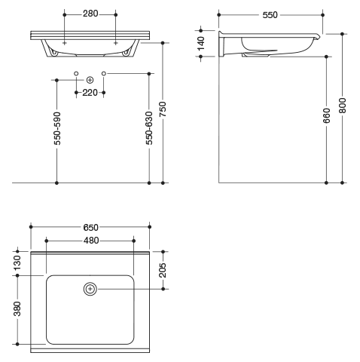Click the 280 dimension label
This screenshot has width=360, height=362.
[x=90, y=14]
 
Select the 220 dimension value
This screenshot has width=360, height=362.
[x=90, y=93]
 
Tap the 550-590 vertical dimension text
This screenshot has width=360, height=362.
[x=57, y=128]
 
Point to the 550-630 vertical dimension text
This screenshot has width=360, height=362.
[x=149, y=128]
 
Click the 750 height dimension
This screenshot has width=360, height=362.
[x=163, y=109]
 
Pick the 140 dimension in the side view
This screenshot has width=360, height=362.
[x=201, y=44]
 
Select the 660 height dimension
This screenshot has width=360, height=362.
[x=327, y=115]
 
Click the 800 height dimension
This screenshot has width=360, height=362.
[x=343, y=106]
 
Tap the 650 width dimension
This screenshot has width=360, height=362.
[x=90, y=228]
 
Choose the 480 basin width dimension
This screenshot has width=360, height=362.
[x=91, y=241]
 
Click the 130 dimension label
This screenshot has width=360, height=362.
[x=17, y=263]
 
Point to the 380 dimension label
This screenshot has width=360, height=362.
[x=17, y=308]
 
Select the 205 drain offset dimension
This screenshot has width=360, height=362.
[x=163, y=270]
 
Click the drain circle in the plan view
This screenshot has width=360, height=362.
[x=90, y=289]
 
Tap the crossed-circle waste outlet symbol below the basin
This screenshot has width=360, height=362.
[x=90, y=80]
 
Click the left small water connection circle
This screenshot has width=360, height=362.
[x=76, y=73]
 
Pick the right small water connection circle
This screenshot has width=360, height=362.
[x=104, y=73]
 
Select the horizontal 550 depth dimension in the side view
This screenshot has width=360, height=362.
[x=270, y=15]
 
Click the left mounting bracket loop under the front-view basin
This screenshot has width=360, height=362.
[x=54, y=53]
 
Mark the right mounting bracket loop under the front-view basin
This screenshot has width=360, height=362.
[x=126, y=53]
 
